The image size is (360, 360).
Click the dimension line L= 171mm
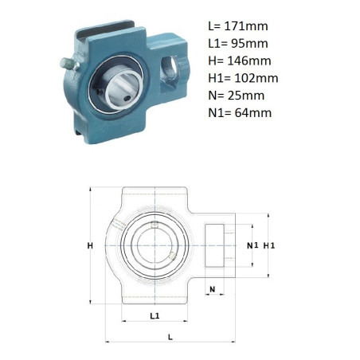[x=238, y=26]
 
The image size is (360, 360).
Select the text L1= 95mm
[x=238, y=44]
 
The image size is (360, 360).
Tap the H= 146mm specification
[x=240, y=61]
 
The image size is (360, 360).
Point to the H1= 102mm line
[x=243, y=78]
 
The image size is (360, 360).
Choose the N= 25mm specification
[x=237, y=96]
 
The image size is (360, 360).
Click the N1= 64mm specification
[x=240, y=113]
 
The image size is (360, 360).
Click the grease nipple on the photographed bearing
[x=69, y=64]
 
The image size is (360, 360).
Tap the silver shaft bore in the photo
[x=123, y=88]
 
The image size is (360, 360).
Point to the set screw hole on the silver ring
[x=127, y=99]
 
